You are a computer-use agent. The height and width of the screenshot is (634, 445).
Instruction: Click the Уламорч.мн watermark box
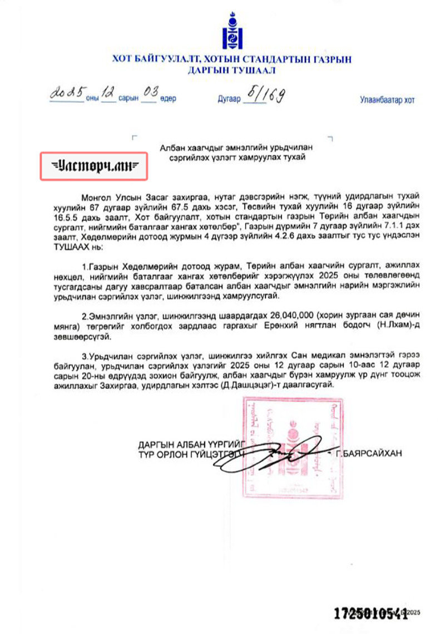click(93, 166)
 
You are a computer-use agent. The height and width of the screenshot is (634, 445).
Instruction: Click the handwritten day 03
click(149, 94)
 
